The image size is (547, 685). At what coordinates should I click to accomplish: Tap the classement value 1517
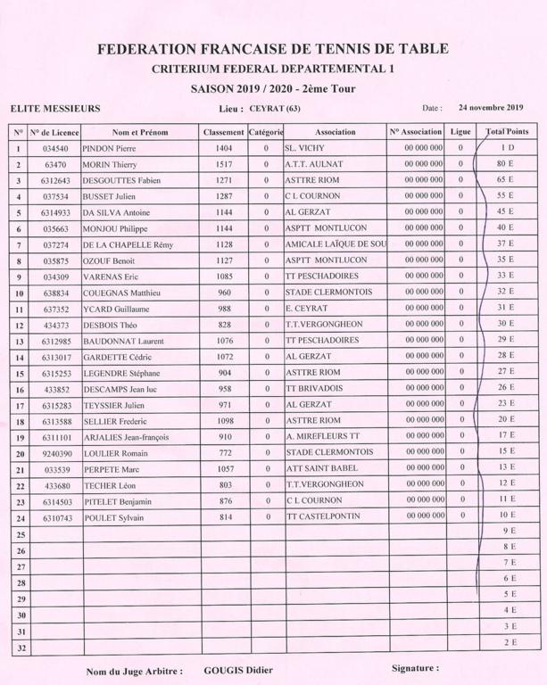pos(224,165)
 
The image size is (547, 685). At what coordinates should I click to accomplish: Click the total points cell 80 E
pos(506,164)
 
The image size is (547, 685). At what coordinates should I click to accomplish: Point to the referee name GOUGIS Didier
pos(237,670)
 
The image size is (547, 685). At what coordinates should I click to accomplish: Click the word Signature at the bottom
pos(415,667)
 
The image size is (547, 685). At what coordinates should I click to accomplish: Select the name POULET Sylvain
pos(109,516)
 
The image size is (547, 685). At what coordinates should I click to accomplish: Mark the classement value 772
pos(224,453)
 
